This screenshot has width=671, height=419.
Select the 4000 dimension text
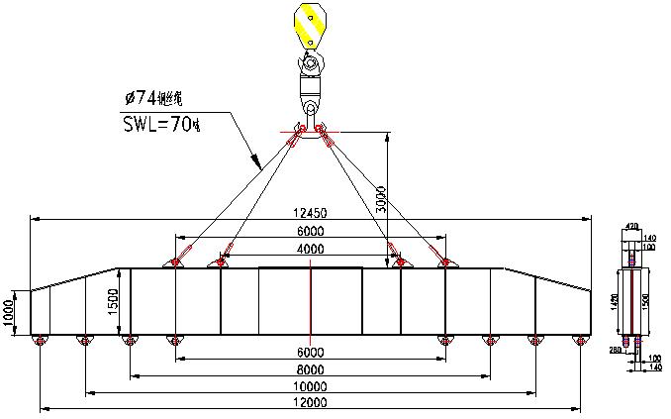coord(310,248)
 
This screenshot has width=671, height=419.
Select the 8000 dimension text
coord(310,369)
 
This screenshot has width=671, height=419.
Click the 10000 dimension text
coord(310,386)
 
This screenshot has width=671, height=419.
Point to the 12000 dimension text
coord(310,402)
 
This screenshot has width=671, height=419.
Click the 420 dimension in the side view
coord(631,228)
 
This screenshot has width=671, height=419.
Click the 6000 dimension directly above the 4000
coord(310,231)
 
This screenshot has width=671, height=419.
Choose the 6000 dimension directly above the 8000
coord(310,353)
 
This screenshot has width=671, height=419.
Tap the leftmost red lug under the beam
coord(39,341)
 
